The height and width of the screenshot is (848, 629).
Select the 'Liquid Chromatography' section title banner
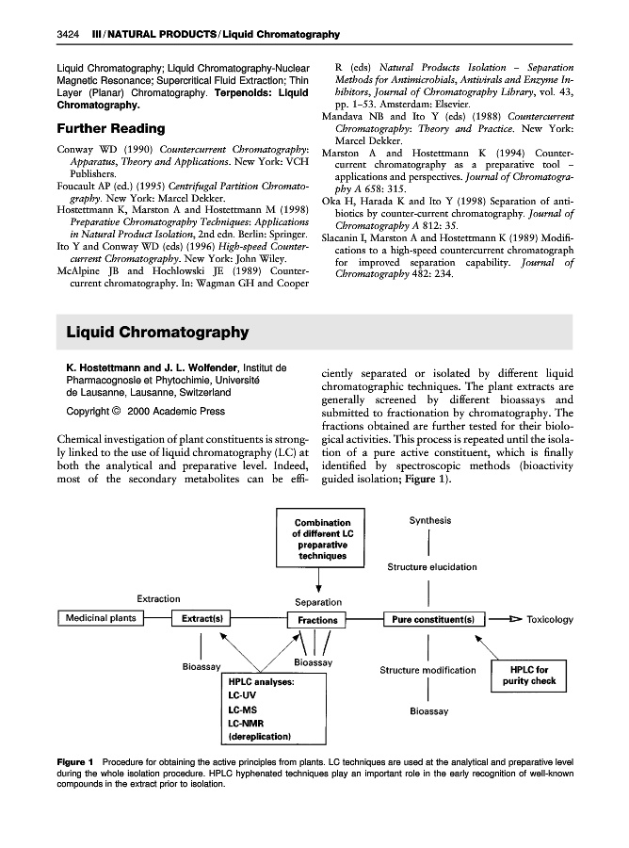click(158, 332)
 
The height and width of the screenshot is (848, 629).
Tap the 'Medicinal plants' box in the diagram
click(101, 618)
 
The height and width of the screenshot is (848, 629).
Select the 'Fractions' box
click(318, 620)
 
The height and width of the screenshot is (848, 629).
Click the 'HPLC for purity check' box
click(529, 675)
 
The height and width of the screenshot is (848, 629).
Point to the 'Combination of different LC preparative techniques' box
click(322, 539)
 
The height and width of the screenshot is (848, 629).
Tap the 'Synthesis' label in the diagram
click(428, 520)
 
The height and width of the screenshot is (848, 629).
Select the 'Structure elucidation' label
click(431, 567)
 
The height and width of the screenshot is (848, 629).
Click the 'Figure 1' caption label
click(75, 759)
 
